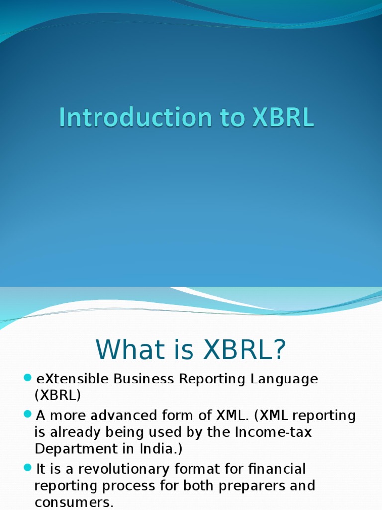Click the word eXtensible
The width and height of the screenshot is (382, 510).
(x=73, y=380)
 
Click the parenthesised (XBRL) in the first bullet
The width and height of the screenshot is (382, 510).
(x=57, y=396)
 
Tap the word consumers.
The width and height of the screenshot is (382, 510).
(x=74, y=502)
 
